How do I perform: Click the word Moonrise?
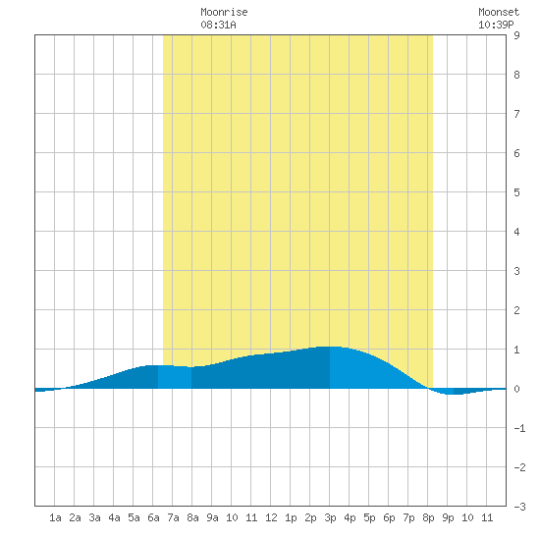224,12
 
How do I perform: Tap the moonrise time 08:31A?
218,25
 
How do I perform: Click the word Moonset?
499,12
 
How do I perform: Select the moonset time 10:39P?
496,25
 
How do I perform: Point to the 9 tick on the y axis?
516,35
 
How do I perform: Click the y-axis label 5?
516,192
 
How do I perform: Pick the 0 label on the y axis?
516,389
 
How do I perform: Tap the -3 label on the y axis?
519,507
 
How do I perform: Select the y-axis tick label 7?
516,114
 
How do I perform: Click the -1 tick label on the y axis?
519,428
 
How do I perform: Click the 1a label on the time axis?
55,517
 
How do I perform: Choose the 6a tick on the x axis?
153,517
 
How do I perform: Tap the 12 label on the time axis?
271,517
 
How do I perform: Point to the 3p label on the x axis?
330,517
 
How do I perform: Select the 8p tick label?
428,517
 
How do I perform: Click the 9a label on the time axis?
212,517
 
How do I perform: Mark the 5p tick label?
369,517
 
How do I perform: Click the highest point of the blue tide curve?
330,347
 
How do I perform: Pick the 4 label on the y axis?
516,232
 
